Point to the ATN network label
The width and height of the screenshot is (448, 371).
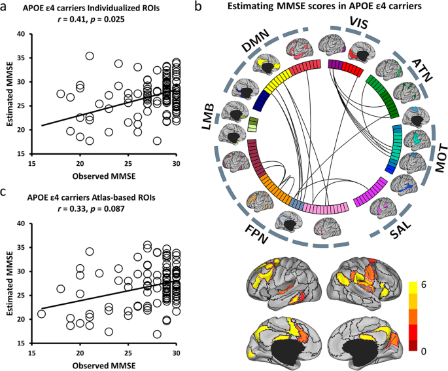404,65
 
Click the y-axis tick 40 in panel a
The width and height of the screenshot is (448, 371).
22,34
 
